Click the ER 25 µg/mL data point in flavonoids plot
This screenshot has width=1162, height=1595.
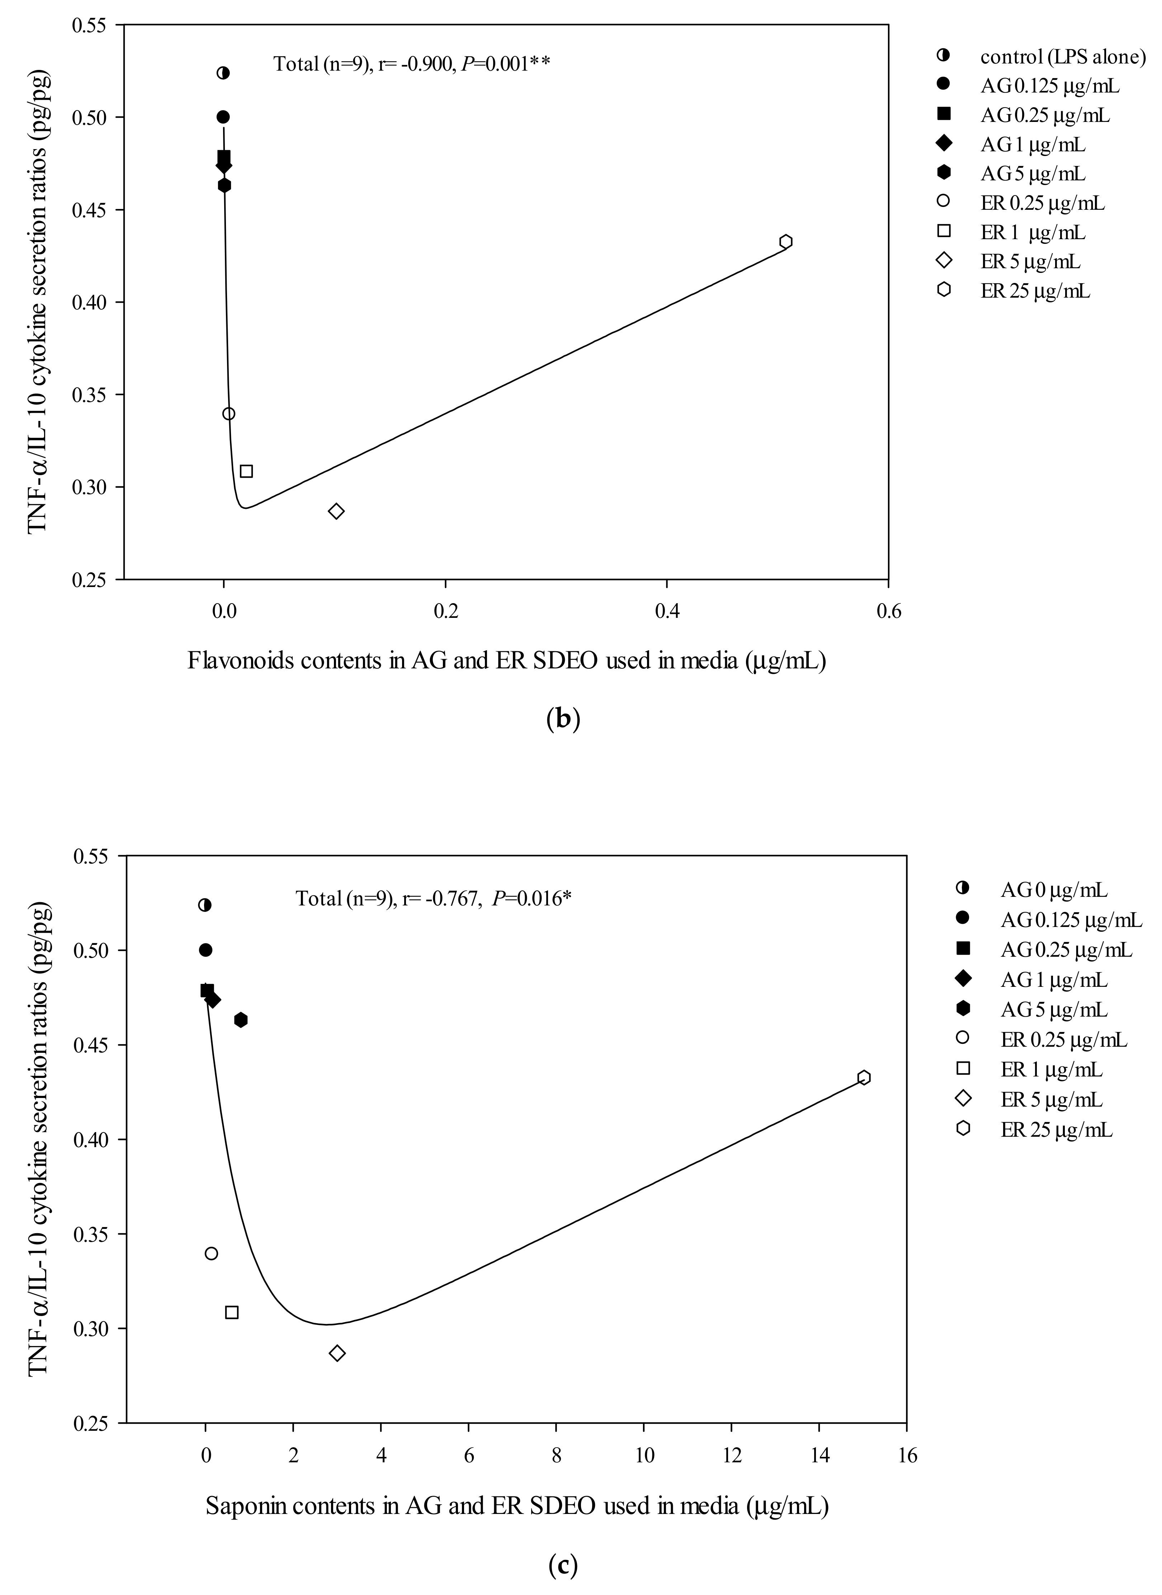(786, 241)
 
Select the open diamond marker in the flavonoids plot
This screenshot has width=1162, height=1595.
(336, 511)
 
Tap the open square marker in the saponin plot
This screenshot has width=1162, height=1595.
(231, 1312)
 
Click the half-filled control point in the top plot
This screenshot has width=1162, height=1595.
(223, 73)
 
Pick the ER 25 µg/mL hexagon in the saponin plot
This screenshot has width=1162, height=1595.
(864, 1078)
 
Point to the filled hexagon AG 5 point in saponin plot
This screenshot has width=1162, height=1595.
(241, 1020)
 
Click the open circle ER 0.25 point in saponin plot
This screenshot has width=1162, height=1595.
(211, 1253)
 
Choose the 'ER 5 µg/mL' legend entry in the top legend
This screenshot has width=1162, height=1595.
(1030, 262)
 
